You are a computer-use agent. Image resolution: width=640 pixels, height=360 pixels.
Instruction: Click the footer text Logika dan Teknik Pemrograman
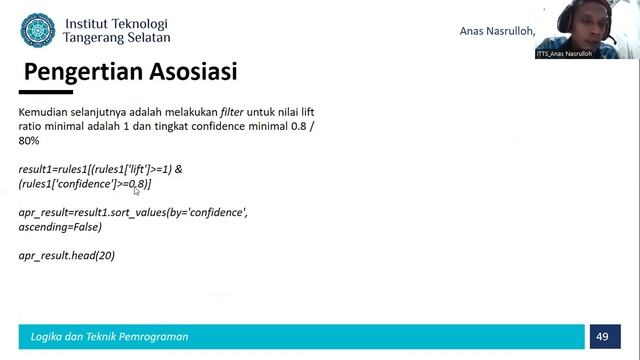tap(109, 336)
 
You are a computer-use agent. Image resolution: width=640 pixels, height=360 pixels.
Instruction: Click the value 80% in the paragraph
tap(30, 141)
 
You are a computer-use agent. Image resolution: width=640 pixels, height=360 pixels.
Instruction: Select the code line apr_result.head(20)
tap(67, 256)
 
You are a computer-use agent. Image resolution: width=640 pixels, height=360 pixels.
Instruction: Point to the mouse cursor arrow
tap(137, 190)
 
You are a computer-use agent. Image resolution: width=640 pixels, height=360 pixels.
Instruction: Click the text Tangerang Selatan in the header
tap(116, 38)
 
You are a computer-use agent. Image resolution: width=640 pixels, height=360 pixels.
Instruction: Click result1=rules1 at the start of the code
tap(55, 169)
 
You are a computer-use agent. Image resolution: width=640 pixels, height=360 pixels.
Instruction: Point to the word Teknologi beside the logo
tap(139, 23)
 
